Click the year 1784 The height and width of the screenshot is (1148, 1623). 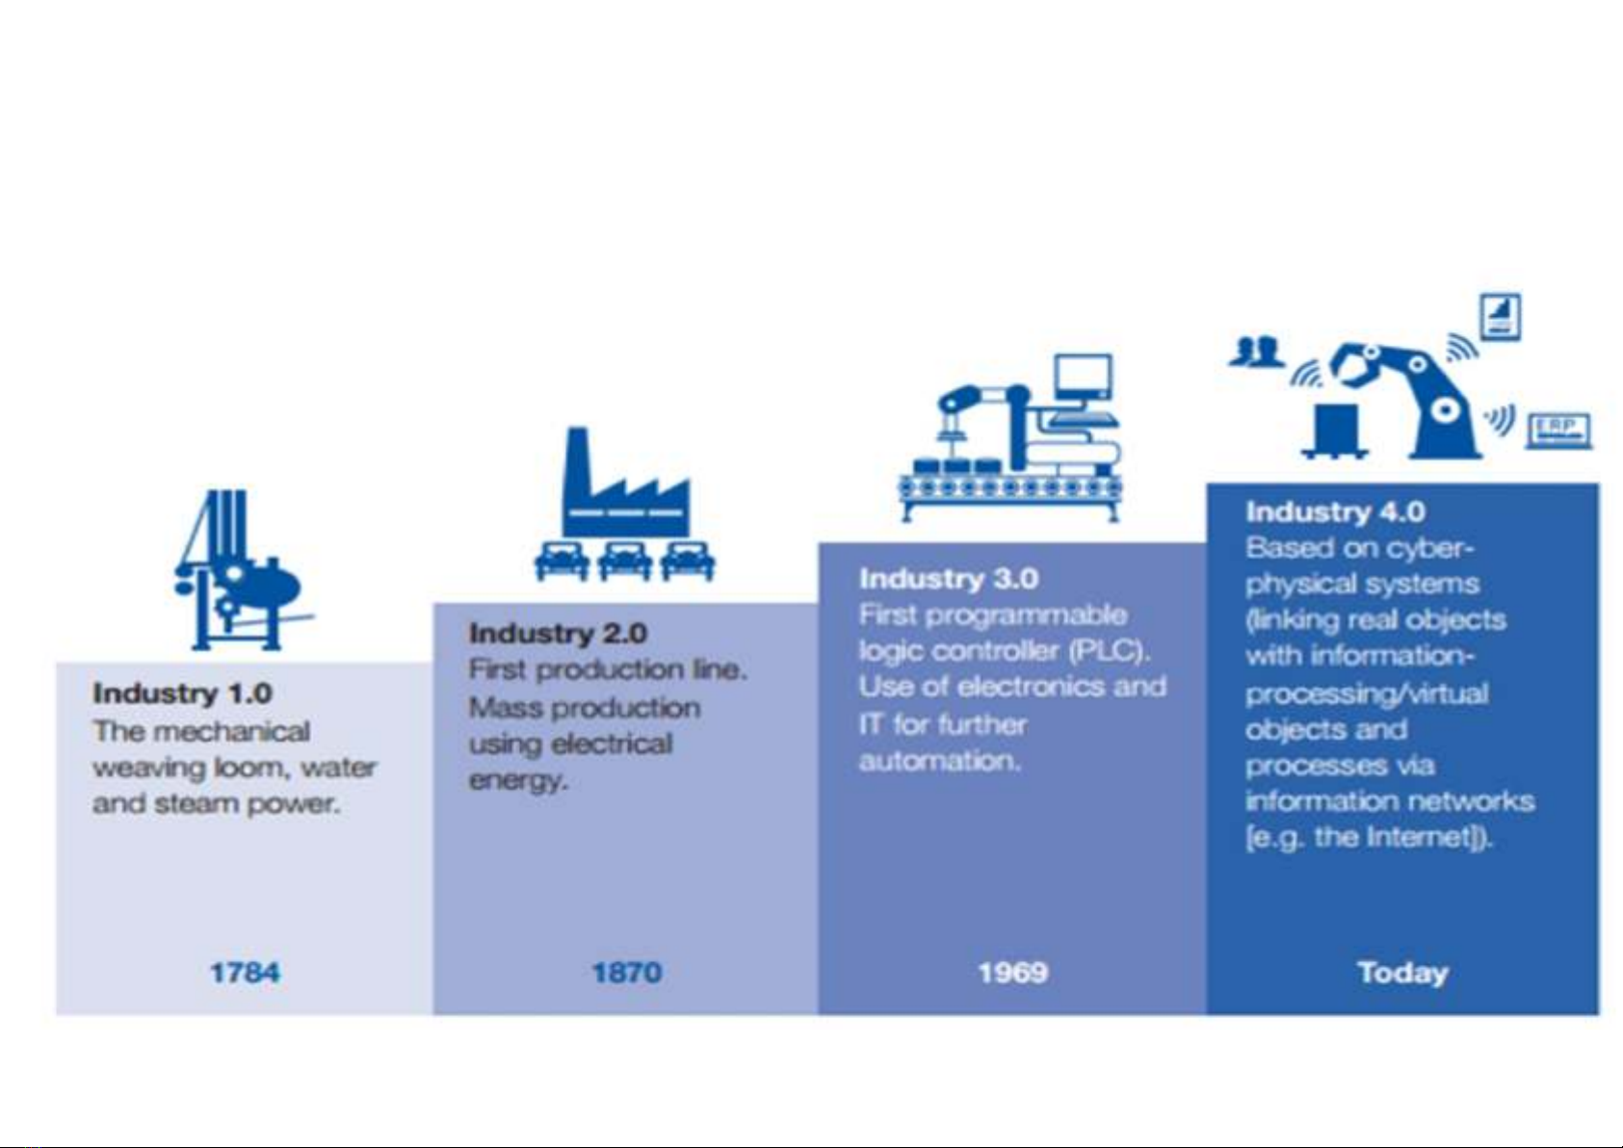[x=245, y=972]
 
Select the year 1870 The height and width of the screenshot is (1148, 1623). [x=627, y=972]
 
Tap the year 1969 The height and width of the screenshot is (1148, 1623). [x=1013, y=972]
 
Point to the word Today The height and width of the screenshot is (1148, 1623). [x=1402, y=973]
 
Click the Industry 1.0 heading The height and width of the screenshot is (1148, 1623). [x=183, y=693]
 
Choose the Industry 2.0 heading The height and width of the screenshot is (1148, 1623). [x=558, y=633]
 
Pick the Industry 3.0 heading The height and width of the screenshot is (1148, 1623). [x=949, y=578]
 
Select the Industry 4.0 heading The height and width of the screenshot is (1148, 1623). [x=1335, y=511]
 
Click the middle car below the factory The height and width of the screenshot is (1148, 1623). [x=624, y=561]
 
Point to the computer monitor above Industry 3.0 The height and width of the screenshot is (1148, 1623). [x=1083, y=378]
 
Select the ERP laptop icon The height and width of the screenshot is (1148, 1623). [x=1558, y=430]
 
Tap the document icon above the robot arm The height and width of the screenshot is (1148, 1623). [x=1500, y=317]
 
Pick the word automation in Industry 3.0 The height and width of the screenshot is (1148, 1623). [x=940, y=761]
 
